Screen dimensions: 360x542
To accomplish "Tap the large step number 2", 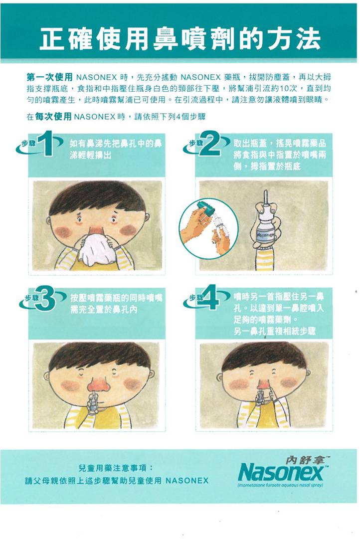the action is (212, 143).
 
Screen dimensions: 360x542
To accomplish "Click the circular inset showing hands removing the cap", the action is (208, 228).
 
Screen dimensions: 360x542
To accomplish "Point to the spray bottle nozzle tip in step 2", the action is (265, 191).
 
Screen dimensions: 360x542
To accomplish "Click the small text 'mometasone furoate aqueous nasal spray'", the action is (280, 485).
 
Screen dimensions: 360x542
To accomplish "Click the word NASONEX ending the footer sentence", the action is (187, 481).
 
